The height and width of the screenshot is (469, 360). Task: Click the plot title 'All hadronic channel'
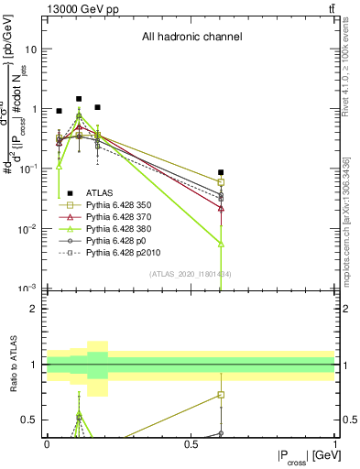tap(191, 38)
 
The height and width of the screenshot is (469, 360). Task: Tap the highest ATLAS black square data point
tap(79, 99)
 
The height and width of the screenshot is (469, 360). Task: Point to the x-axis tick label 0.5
tap(191, 443)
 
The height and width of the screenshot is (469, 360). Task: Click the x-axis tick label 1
tap(334, 443)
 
